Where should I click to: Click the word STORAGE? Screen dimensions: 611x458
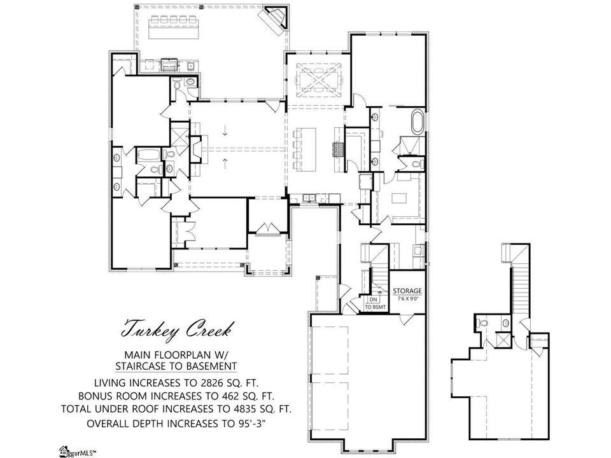click(x=407, y=291)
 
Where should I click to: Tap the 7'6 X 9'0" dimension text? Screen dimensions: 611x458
click(x=407, y=299)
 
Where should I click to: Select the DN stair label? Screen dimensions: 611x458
click(x=374, y=300)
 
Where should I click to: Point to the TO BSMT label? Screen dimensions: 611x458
click(x=376, y=307)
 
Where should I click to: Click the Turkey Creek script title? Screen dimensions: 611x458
click(x=178, y=330)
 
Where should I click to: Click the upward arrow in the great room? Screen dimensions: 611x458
click(x=225, y=163)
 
